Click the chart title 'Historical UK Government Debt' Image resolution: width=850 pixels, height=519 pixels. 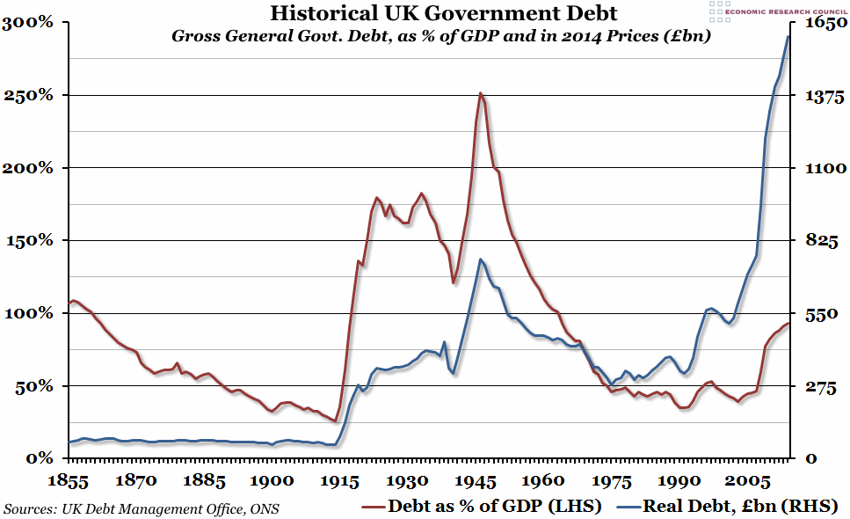tap(443, 14)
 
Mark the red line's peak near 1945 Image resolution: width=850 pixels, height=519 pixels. tap(480, 93)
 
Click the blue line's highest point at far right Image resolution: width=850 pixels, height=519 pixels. tap(788, 36)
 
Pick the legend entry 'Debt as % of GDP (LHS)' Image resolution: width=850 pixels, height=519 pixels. tap(482, 506)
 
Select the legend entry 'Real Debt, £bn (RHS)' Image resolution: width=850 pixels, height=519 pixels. tap(727, 506)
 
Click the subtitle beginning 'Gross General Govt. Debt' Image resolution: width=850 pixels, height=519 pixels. tap(440, 37)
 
